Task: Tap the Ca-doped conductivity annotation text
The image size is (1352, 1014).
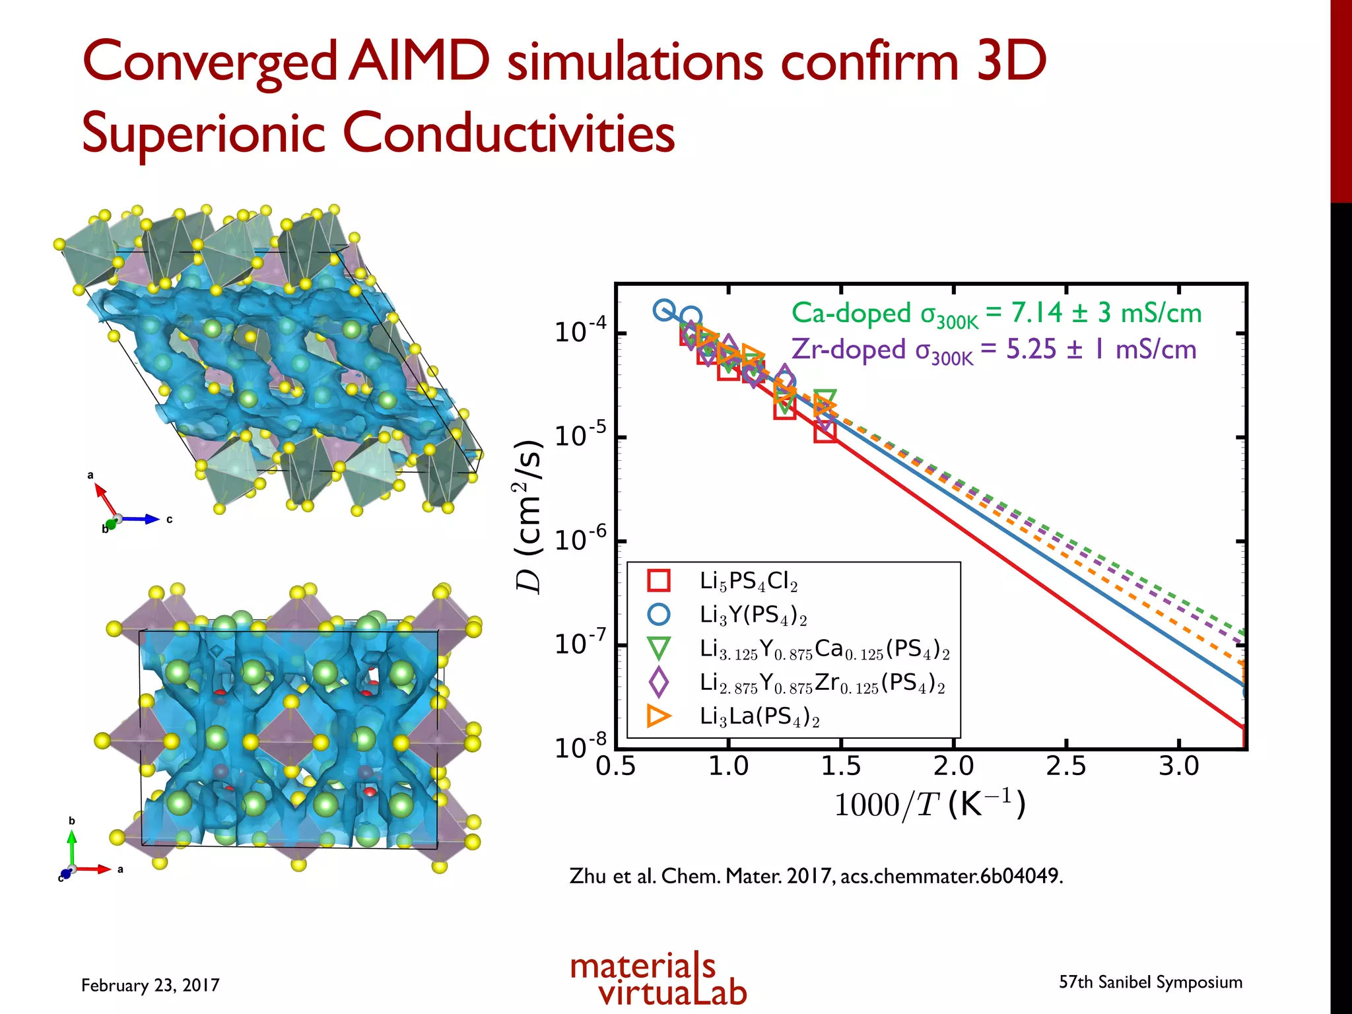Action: [x=996, y=313]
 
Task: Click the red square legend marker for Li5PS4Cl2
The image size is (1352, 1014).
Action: [x=658, y=580]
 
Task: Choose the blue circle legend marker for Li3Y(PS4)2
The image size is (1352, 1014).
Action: [x=658, y=614]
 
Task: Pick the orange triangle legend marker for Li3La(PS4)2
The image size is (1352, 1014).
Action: [x=658, y=716]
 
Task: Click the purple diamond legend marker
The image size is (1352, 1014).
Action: [x=658, y=682]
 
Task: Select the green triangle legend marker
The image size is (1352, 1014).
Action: [x=658, y=648]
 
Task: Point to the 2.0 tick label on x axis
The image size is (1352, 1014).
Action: [x=953, y=766]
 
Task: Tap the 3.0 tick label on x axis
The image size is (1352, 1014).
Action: [x=1178, y=766]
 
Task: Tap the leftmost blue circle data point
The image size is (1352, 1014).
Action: [x=664, y=310]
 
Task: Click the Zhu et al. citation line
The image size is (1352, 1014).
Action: [x=815, y=876]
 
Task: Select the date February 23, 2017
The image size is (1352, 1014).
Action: [x=150, y=985]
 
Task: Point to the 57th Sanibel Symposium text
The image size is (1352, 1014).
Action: [x=1150, y=982]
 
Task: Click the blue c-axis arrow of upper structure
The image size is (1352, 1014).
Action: [x=141, y=520]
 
